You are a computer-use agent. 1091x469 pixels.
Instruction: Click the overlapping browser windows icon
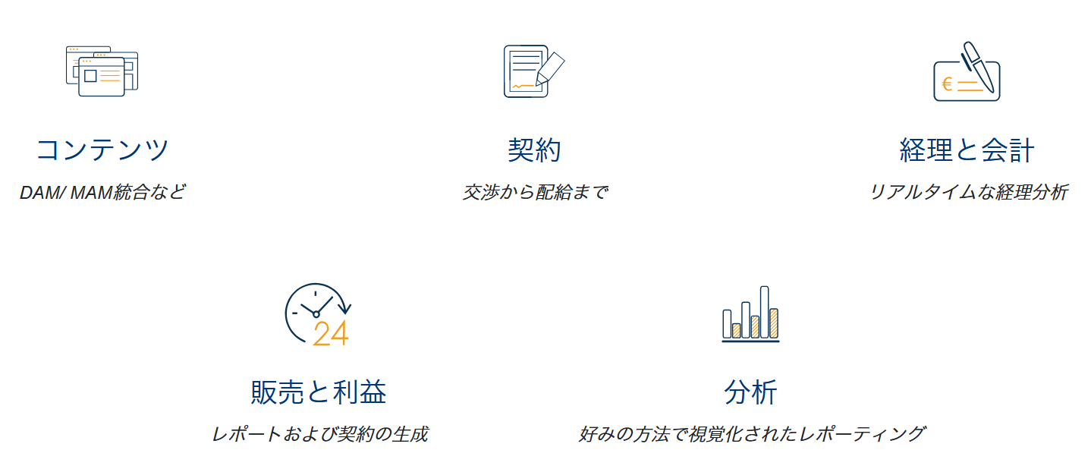click(102, 71)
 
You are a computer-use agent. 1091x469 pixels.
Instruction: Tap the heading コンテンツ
click(102, 150)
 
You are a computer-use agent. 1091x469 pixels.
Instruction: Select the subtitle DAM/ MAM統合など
click(102, 192)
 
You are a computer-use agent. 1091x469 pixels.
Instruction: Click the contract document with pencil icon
click(534, 71)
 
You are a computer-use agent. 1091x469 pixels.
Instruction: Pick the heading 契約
click(534, 150)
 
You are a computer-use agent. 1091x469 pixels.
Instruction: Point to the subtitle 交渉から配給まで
click(535, 192)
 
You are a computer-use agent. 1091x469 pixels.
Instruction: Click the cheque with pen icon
click(967, 71)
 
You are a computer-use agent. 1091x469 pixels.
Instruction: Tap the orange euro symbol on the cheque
click(947, 84)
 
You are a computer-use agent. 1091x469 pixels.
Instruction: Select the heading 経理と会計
click(967, 150)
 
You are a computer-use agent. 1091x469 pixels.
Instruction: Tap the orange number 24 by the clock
click(331, 333)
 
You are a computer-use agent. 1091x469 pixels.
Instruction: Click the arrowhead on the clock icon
click(345, 308)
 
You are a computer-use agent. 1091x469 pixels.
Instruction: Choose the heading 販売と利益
click(319, 392)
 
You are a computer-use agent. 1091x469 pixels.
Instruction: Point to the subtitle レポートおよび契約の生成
click(319, 434)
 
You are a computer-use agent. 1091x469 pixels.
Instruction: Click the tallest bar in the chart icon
click(764, 312)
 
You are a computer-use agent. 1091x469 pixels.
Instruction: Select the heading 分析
click(750, 392)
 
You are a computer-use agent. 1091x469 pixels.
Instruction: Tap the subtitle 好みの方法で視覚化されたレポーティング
click(752, 434)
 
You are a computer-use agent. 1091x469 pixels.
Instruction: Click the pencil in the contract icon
click(550, 68)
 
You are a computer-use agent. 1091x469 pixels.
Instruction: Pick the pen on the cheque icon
click(978, 67)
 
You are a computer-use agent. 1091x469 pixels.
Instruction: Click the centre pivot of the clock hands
click(316, 315)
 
